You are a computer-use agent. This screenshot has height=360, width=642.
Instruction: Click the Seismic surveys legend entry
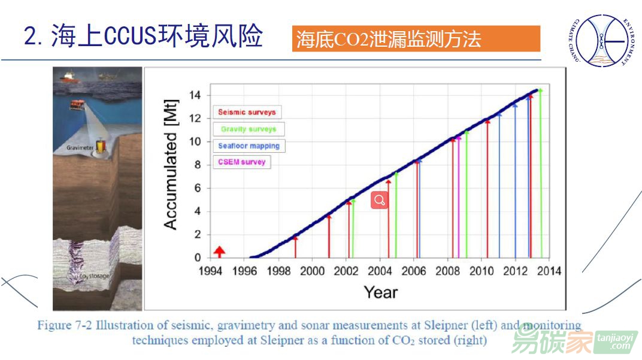(x=247, y=112)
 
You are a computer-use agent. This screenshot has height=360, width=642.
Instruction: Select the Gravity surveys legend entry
(x=249, y=129)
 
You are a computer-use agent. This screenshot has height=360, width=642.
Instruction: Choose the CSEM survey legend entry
(x=242, y=162)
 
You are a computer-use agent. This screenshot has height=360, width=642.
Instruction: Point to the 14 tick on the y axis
(x=196, y=95)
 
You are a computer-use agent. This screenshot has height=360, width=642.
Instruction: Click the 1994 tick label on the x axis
(x=210, y=271)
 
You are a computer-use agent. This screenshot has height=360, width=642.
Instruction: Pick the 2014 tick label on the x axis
(x=549, y=271)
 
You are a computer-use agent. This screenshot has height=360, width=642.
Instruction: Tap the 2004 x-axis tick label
(x=380, y=271)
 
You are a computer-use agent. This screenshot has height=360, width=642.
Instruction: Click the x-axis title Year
(x=380, y=292)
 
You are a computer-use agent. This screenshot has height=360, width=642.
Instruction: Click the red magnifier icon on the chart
(x=380, y=200)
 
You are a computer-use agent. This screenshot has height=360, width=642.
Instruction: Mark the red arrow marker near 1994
(x=219, y=251)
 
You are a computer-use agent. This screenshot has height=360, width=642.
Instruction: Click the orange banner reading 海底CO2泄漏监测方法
(x=416, y=39)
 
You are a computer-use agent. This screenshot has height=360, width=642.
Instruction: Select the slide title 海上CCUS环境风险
(x=144, y=37)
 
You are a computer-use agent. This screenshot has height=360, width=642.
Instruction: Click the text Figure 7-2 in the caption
(x=64, y=326)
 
